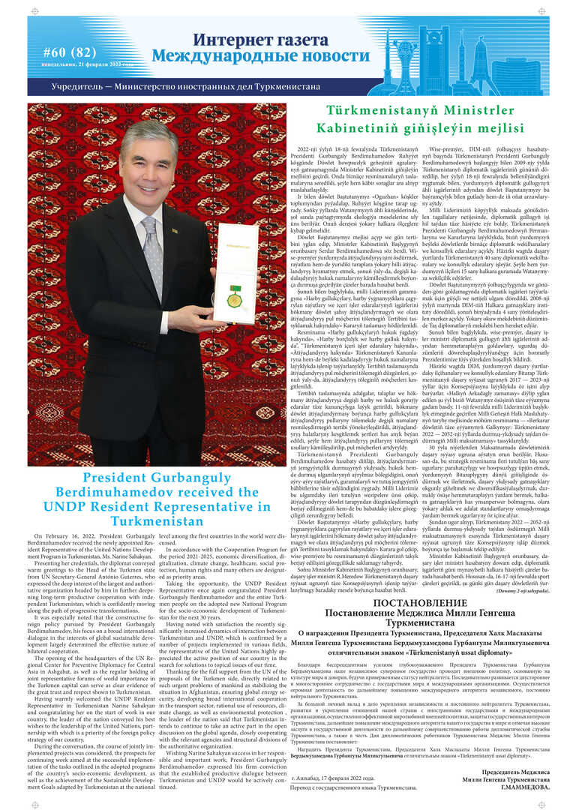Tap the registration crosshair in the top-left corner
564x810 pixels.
pos(34,11)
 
